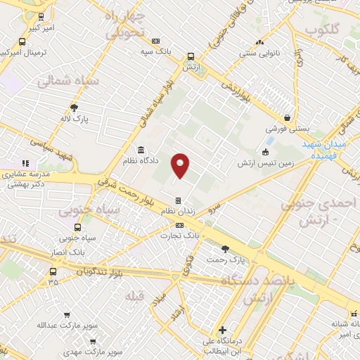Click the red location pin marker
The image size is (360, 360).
(181, 165)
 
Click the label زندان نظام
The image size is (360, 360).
(177, 212)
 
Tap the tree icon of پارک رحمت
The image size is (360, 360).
(225, 248)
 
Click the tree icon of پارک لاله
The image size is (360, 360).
(75, 107)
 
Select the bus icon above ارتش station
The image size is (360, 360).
(191, 58)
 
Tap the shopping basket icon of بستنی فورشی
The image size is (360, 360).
(287, 117)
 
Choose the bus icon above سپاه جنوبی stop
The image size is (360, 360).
(77, 227)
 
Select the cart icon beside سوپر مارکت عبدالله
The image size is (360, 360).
(67, 315)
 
